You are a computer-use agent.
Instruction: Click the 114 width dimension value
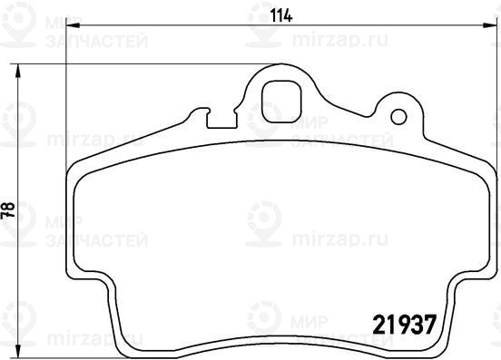click(281, 16)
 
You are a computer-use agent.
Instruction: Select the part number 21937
click(405, 325)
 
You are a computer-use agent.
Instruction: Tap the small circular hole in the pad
click(398, 117)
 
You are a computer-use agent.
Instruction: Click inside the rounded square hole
click(281, 102)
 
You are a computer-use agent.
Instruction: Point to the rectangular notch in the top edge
click(221, 120)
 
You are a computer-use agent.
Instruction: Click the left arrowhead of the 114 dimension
click(74, 24)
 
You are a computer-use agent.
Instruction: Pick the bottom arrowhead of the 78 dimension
click(18, 350)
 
